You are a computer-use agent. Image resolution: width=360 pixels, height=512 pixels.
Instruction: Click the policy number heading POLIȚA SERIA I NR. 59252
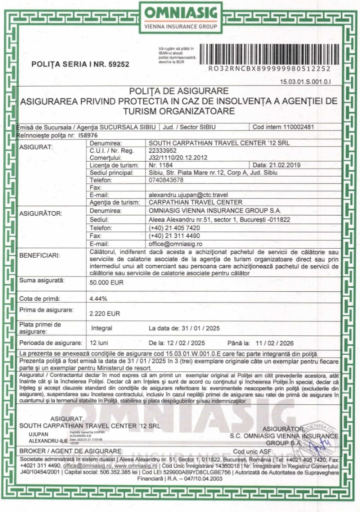click(80, 64)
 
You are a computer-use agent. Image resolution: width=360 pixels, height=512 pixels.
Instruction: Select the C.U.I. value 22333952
click(163, 150)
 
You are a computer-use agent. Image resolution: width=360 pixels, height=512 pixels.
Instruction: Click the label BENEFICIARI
click(40, 256)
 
